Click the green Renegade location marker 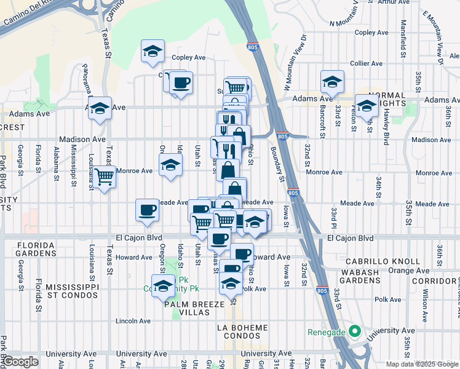click(354, 332)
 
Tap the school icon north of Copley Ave click(153, 51)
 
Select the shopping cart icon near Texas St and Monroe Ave click(105, 177)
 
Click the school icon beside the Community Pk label click(164, 286)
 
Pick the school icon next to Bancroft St click(332, 82)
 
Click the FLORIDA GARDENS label click(28, 248)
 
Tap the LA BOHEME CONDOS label click(244, 332)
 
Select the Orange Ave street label click(404, 270)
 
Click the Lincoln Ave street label click(133, 321)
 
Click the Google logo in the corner click(20, 362)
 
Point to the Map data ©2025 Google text click(422, 364)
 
